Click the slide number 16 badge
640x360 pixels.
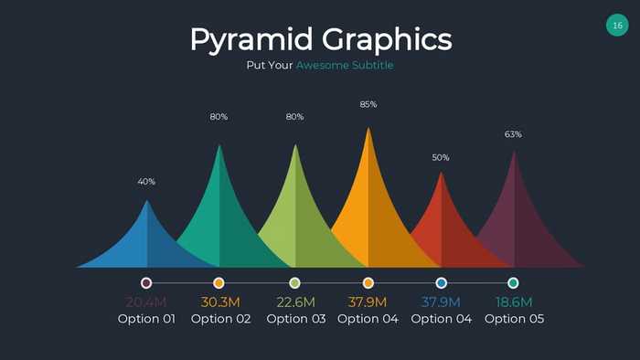click(x=617, y=26)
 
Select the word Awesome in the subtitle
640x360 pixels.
click(x=323, y=66)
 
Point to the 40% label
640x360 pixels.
click(x=146, y=182)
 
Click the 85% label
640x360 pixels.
click(x=368, y=104)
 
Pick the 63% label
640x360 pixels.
click(x=513, y=134)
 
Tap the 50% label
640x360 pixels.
click(x=441, y=158)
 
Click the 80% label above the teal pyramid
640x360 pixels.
click(x=219, y=117)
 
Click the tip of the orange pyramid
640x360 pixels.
click(x=368, y=130)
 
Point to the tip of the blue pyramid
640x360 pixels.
click(x=147, y=202)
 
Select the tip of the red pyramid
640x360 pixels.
click(x=442, y=174)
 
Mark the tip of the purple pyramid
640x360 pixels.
click(x=514, y=153)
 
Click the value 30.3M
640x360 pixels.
click(x=220, y=302)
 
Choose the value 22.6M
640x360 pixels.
click(x=295, y=302)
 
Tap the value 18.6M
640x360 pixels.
click(x=514, y=302)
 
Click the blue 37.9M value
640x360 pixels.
click(x=442, y=302)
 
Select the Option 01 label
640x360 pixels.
click(x=146, y=319)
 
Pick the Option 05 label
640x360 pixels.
click(x=514, y=319)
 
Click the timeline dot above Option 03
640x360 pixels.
click(x=294, y=283)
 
